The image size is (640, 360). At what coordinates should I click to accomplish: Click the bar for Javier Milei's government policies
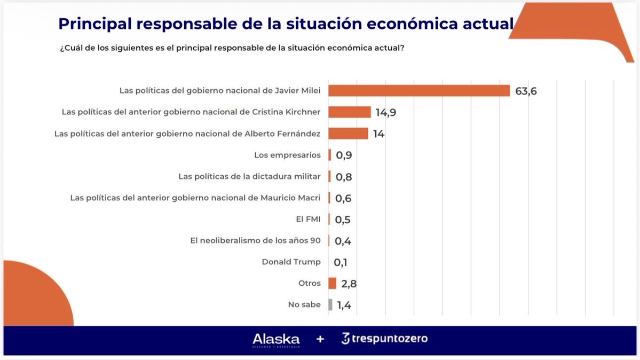[x=419, y=91]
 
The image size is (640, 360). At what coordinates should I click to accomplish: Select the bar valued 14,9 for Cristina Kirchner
[x=349, y=112]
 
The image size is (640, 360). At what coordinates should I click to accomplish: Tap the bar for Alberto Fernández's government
[x=348, y=134]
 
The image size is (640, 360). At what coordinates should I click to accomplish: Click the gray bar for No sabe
[x=330, y=304]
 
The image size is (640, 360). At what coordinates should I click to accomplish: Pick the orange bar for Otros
[x=332, y=283]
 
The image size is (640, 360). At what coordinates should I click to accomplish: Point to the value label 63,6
[x=526, y=91]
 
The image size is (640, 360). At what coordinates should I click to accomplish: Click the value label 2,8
[x=349, y=284]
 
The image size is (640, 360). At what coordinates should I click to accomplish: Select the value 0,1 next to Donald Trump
[x=341, y=262]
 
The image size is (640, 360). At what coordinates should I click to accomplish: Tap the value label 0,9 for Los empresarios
[x=344, y=155]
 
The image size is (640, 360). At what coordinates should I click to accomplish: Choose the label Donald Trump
[x=291, y=262]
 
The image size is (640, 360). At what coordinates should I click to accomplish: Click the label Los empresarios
[x=287, y=155]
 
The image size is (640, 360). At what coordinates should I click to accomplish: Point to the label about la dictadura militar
[x=249, y=176]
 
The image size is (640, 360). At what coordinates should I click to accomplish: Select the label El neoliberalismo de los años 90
[x=255, y=240]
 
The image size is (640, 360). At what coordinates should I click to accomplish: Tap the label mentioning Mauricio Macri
[x=195, y=198]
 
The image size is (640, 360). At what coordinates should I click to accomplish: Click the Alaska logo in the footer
[x=276, y=339]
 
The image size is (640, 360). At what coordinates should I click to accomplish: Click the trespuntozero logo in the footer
[x=384, y=339]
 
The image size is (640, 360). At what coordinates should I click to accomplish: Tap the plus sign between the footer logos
[x=320, y=339]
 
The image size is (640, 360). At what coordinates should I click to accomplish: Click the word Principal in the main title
[x=92, y=24]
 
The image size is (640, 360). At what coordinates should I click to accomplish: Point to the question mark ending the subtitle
[x=402, y=48]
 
